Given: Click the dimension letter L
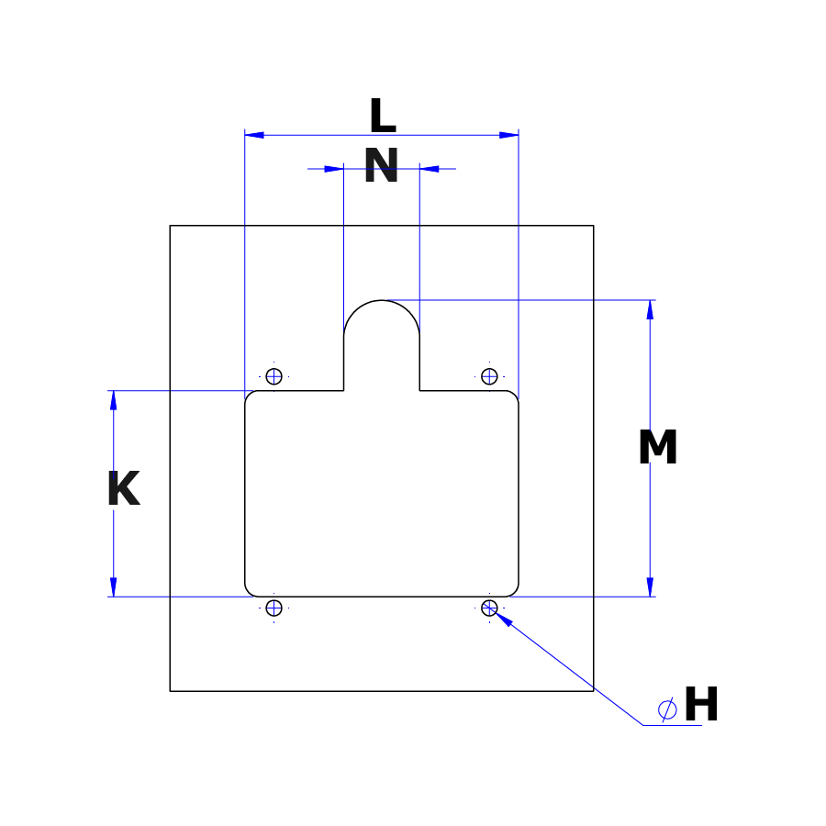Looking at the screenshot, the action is [383, 116].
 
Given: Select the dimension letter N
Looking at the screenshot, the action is [382, 165].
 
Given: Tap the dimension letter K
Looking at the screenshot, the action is [124, 488].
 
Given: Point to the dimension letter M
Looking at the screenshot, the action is [657, 447].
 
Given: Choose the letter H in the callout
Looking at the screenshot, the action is [701, 704].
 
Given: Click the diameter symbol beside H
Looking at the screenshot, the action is [667, 709].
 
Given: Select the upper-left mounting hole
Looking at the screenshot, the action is [273, 376].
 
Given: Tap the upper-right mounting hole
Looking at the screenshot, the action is [489, 376].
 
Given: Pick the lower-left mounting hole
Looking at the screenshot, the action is [273, 608].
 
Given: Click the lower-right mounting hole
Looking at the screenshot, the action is [489, 608].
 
